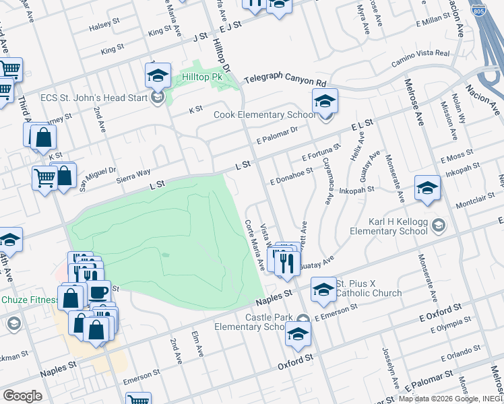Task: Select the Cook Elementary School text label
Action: (x=264, y=115)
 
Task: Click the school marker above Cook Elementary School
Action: (x=325, y=102)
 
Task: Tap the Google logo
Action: (x=23, y=395)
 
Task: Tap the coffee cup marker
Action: (x=98, y=293)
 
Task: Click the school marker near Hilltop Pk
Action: (x=158, y=76)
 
